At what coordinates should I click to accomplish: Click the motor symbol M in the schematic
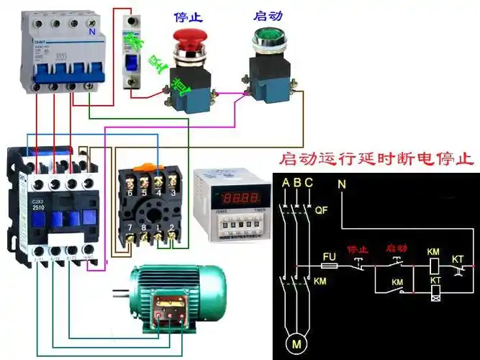296,343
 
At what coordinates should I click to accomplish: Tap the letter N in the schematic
342,184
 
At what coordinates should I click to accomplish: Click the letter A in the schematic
286,184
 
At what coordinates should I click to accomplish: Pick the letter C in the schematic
309,184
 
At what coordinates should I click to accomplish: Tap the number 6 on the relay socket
129,193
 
